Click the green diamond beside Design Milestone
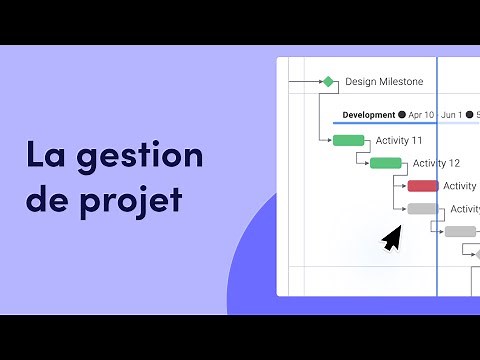click(x=327, y=82)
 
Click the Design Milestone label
click(x=384, y=82)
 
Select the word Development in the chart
click(x=368, y=115)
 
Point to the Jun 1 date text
click(x=452, y=115)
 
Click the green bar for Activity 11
click(x=348, y=140)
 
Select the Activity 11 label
click(x=399, y=140)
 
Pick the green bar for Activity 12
click(x=385, y=163)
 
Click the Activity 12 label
click(x=436, y=163)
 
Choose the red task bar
click(x=422, y=186)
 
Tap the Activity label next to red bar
click(x=459, y=186)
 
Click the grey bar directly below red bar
click(x=422, y=209)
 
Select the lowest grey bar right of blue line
click(x=460, y=231)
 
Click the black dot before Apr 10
click(x=402, y=115)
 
